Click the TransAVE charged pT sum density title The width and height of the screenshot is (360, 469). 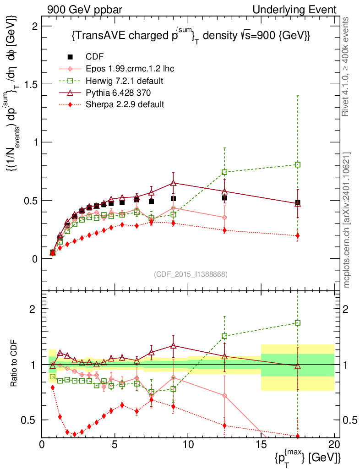click(191, 36)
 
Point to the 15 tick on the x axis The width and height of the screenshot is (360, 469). click(261, 445)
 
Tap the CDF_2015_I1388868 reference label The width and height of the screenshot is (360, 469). click(191, 274)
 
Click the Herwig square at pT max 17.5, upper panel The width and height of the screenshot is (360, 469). click(298, 164)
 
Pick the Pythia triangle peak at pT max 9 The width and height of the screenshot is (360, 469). click(173, 183)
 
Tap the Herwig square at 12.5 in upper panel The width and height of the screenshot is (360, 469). click(224, 172)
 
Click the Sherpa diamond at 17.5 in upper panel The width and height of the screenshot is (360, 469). click(298, 236)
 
